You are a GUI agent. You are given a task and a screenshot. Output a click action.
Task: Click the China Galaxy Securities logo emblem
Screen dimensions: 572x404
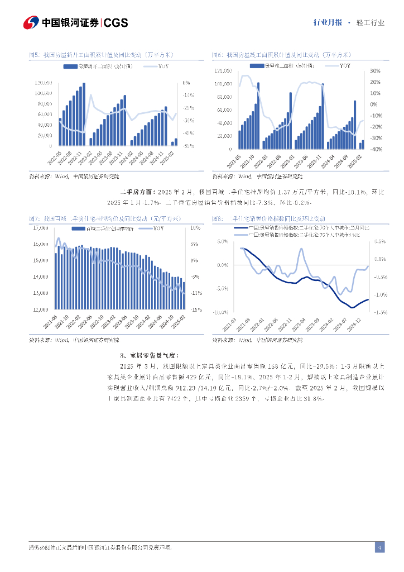coord(31,22)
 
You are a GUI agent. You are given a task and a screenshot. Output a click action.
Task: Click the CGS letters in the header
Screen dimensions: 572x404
coord(116,22)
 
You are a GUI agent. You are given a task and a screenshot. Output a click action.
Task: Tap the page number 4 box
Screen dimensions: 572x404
coord(379,547)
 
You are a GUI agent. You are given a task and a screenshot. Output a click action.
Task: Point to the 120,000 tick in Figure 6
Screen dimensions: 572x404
coord(223,71)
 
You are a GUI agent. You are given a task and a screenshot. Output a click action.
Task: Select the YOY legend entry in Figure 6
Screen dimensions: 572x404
coord(340,66)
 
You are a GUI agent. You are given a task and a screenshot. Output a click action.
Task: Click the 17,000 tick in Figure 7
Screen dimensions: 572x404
coord(41,228)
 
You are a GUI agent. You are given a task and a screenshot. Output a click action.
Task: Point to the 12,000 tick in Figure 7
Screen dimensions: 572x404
coord(41,309)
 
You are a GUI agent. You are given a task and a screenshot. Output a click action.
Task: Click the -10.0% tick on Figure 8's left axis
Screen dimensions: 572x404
coord(223,312)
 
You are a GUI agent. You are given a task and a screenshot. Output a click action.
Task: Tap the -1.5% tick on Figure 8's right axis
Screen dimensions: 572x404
coord(381,312)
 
